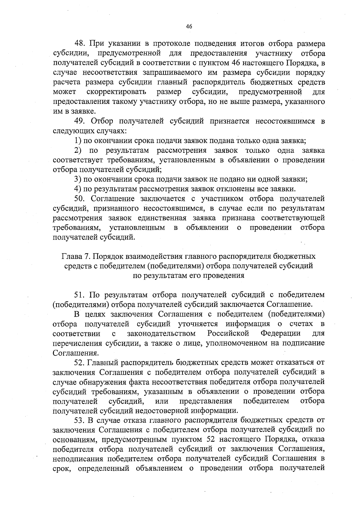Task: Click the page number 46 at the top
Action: [x=189, y=26]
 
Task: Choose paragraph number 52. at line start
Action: [x=80, y=363]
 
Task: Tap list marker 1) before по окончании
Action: [x=78, y=141]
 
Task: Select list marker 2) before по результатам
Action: [x=78, y=150]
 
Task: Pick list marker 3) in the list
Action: [x=78, y=179]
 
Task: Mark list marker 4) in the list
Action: [x=78, y=189]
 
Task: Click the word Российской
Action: [x=228, y=334]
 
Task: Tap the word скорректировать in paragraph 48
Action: [x=116, y=92]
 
